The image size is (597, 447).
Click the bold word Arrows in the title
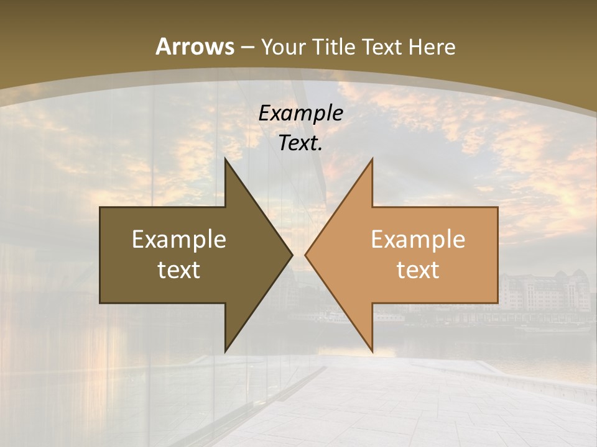click(x=195, y=47)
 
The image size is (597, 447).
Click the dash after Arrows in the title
click(x=247, y=47)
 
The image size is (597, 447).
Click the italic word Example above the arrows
click(x=301, y=113)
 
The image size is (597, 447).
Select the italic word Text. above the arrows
click(x=300, y=143)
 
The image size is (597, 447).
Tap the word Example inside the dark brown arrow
click(x=179, y=239)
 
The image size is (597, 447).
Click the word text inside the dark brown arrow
click(x=179, y=269)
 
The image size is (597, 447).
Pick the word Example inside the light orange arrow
click(x=418, y=239)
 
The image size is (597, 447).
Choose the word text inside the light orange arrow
click(x=418, y=269)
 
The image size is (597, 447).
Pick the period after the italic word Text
click(x=320, y=149)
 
